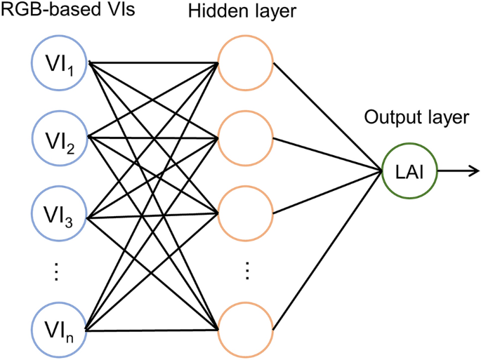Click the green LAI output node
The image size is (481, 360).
[408, 171]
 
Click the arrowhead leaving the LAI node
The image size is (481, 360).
[474, 171]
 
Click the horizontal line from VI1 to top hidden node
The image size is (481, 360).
[154, 63]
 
